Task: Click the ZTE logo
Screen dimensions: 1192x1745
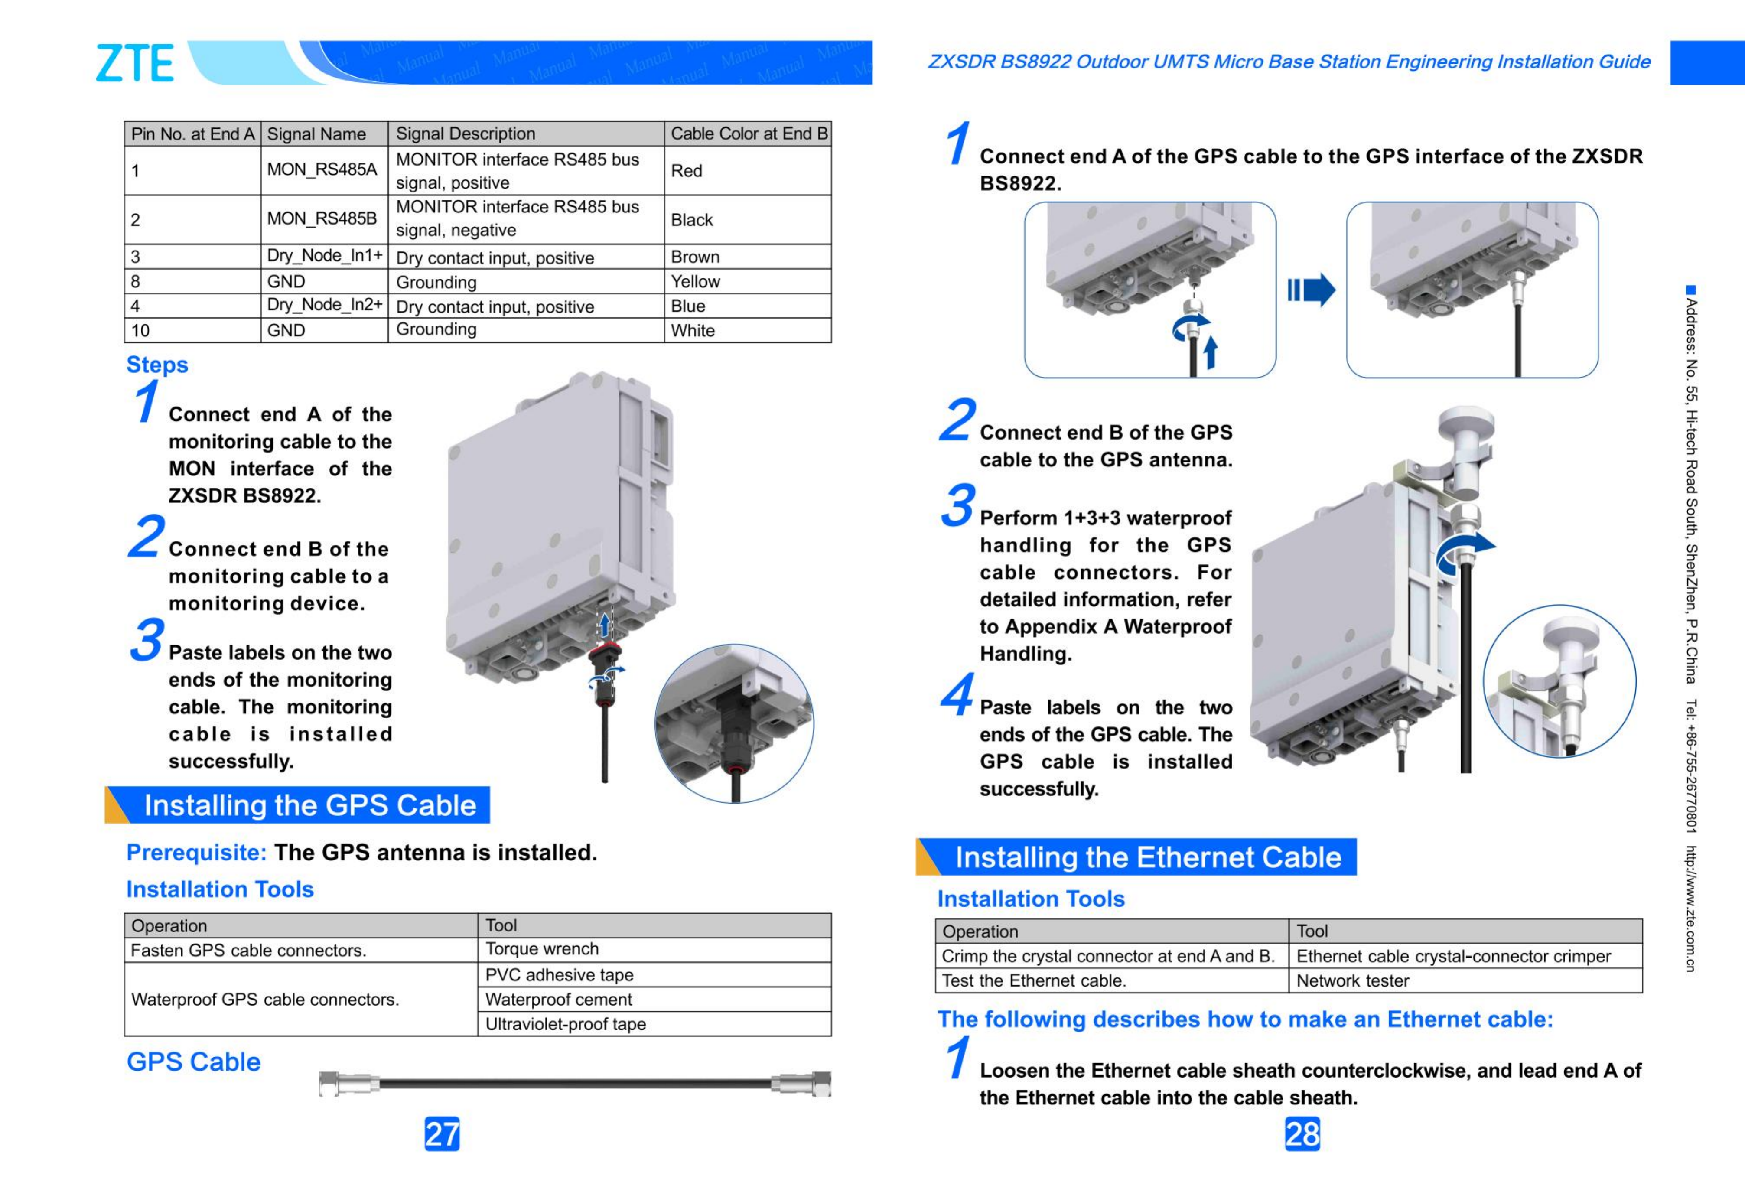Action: click(x=135, y=63)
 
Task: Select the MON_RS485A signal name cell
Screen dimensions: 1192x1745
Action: click(x=323, y=170)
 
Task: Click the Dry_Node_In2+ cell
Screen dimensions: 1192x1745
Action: click(x=324, y=305)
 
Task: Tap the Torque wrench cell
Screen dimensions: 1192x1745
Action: click(x=653, y=949)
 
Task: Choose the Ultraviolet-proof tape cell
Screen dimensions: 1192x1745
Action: click(x=653, y=1024)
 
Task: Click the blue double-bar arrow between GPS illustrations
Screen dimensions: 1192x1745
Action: click(x=1311, y=290)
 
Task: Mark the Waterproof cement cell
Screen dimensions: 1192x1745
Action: click(x=653, y=1000)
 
